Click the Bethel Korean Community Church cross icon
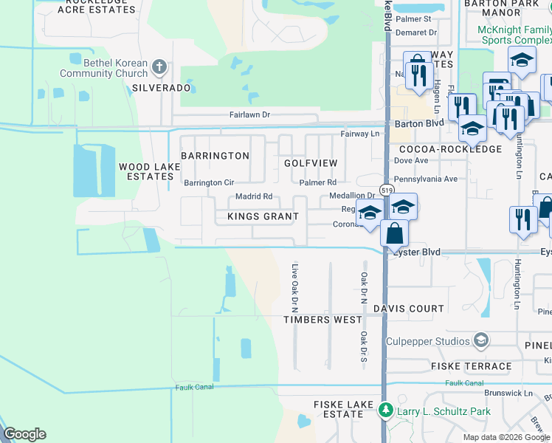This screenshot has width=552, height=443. (159, 68)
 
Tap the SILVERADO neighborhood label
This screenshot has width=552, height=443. (161, 88)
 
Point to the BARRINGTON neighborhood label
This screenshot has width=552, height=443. (215, 156)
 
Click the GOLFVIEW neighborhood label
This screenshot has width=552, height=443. (311, 162)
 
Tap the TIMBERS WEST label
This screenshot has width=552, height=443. (323, 320)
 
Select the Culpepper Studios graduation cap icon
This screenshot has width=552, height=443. (481, 340)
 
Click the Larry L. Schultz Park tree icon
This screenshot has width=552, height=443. (384, 409)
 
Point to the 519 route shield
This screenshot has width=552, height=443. (386, 190)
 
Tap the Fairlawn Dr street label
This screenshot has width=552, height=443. (249, 115)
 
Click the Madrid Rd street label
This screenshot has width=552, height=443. (254, 196)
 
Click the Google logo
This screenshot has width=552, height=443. (24, 434)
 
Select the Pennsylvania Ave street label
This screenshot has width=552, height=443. (426, 179)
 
